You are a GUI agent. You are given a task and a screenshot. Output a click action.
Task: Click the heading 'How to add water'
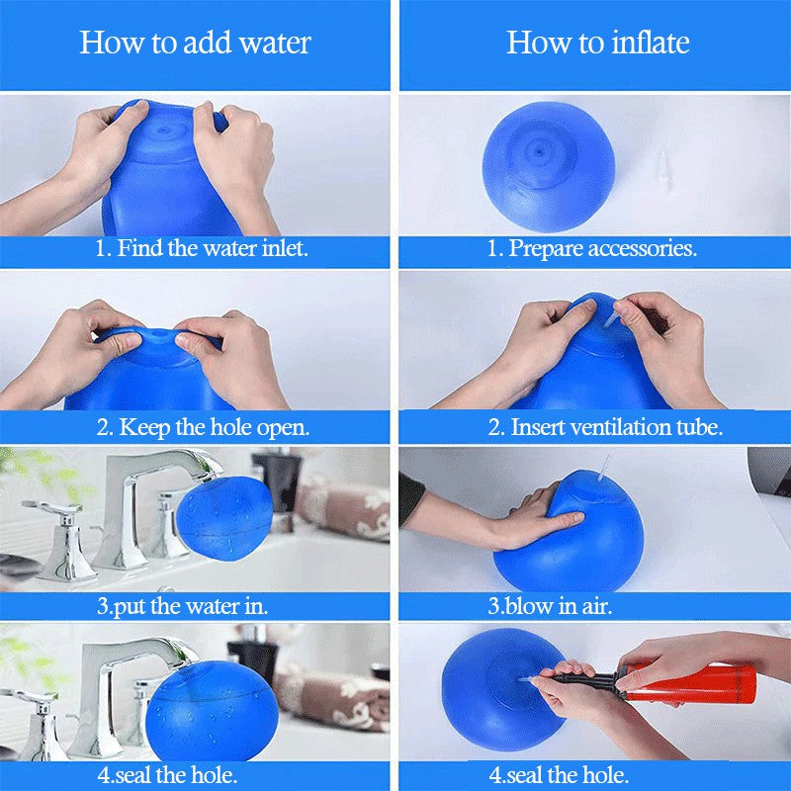[x=195, y=43]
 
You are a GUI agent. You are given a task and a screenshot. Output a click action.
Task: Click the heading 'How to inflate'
[x=597, y=43]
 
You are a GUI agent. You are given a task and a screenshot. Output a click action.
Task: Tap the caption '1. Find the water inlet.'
[x=202, y=248]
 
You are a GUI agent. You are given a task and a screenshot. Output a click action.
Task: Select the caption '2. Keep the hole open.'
[x=203, y=427]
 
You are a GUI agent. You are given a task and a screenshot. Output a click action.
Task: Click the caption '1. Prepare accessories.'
[x=592, y=249]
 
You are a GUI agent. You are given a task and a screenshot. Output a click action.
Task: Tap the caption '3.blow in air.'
[x=550, y=605]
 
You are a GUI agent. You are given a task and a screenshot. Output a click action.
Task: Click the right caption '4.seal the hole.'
[x=561, y=774]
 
